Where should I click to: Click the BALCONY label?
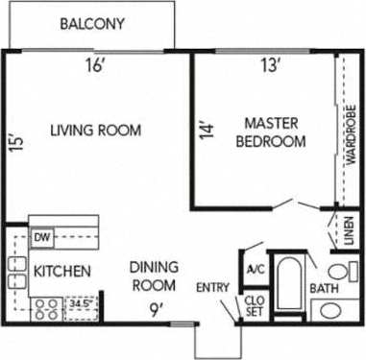tap(92, 24)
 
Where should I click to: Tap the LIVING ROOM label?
tap(95, 131)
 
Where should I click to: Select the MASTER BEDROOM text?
tap(274, 132)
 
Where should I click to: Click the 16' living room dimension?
tap(93, 66)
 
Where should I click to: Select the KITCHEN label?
tap(62, 272)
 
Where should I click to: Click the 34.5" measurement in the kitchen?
tap(82, 303)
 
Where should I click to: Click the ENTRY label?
tap(212, 287)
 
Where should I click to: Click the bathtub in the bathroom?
tap(287, 282)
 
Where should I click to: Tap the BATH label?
tap(323, 287)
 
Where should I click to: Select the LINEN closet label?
tap(350, 233)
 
